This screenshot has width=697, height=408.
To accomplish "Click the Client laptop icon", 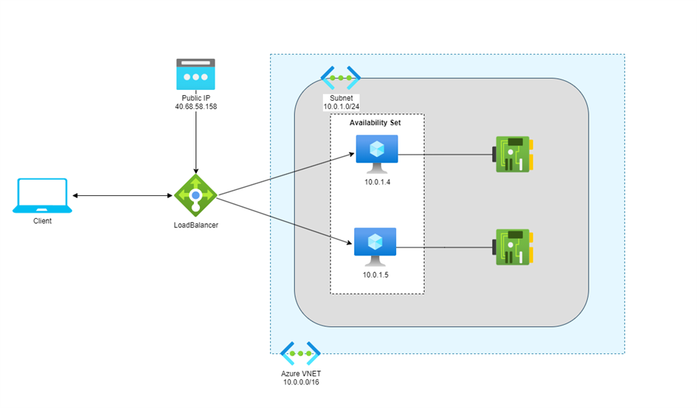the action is pyautogui.click(x=42, y=196).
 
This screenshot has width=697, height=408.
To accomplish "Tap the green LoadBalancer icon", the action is pyautogui.click(x=195, y=195).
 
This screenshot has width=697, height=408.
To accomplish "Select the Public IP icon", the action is pyautogui.click(x=195, y=74).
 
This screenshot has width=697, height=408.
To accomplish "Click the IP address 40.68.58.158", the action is pyautogui.click(x=196, y=107).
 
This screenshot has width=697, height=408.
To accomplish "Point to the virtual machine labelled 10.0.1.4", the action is pyautogui.click(x=377, y=154).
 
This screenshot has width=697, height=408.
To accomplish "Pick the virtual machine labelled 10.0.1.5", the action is pyautogui.click(x=375, y=247).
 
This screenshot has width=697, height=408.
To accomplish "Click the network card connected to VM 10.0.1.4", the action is pyautogui.click(x=513, y=154).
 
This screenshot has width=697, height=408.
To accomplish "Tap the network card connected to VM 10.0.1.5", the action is pyautogui.click(x=513, y=247).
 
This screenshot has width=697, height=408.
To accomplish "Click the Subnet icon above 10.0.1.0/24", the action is pyautogui.click(x=341, y=78).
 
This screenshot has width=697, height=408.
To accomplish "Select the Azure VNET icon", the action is pyautogui.click(x=300, y=354).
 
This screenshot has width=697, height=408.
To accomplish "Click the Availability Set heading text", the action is pyautogui.click(x=375, y=122).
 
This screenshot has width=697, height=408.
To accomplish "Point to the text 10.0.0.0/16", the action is pyautogui.click(x=301, y=381).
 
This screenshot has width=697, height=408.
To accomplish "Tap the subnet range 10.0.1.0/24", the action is pyautogui.click(x=341, y=107).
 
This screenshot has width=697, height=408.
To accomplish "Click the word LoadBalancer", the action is pyautogui.click(x=196, y=225).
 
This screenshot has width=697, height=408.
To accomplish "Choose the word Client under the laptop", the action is pyautogui.click(x=42, y=221).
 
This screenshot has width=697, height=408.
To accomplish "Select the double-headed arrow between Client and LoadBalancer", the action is pyautogui.click(x=122, y=195).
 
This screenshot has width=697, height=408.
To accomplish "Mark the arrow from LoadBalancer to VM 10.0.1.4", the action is pyautogui.click(x=286, y=174).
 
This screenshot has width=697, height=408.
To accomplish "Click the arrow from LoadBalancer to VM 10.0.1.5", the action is pyautogui.click(x=285, y=221).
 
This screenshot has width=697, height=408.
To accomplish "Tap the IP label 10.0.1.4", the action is pyautogui.click(x=378, y=182).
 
